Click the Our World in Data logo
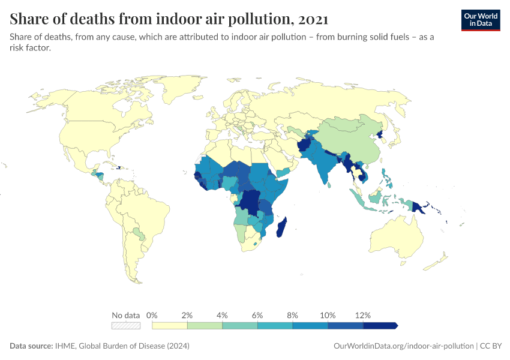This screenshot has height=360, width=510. point(480,19)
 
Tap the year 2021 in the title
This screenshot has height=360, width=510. point(313,19)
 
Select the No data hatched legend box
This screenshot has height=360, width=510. point(126,325)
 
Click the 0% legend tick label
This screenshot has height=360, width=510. point(152,315)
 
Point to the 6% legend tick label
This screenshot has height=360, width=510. point(258,315)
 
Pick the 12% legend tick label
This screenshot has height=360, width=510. point(363,315)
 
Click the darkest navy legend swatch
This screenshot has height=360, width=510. point(380,325)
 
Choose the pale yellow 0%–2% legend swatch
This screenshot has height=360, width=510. point(170,325)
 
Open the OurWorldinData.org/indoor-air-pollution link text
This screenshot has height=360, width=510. point(403,346)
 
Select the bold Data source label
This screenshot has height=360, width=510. point(31,346)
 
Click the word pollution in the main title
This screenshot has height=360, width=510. point(260,19)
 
